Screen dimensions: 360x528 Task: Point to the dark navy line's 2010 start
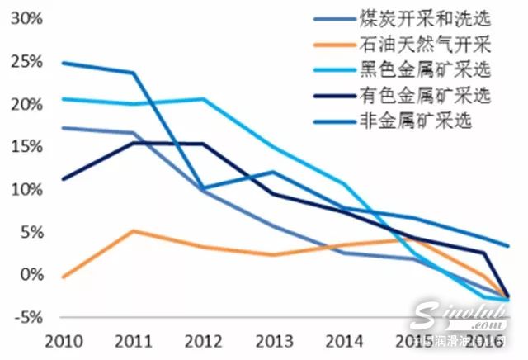(63, 179)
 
